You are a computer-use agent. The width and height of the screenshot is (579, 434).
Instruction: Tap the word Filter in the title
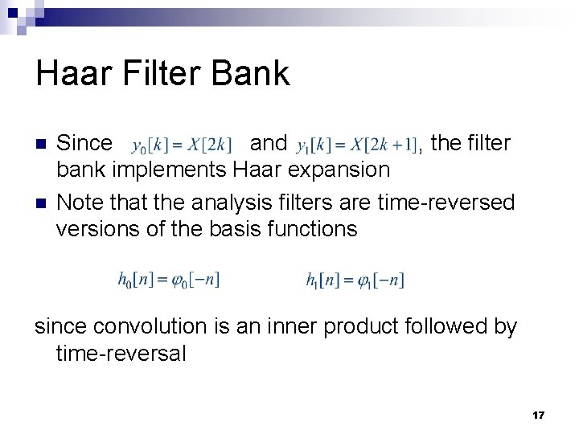pyautogui.click(x=159, y=73)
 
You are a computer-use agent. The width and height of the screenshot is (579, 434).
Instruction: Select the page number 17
pyautogui.click(x=538, y=415)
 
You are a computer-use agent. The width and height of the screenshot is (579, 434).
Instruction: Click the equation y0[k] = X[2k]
pyautogui.click(x=182, y=145)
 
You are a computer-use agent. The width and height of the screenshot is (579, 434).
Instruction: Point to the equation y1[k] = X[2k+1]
pyautogui.click(x=357, y=145)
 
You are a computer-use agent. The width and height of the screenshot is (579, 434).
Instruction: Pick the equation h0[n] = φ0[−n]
pyautogui.click(x=168, y=280)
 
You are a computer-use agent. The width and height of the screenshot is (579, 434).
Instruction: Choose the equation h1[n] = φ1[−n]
pyautogui.click(x=355, y=280)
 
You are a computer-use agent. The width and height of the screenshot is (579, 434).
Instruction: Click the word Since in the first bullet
pyautogui.click(x=84, y=143)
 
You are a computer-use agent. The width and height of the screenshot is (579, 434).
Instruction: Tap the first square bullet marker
pyautogui.click(x=41, y=145)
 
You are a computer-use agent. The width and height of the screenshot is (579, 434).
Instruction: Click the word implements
pyautogui.click(x=170, y=170)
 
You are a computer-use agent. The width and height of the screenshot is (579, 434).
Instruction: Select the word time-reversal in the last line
pyautogui.click(x=121, y=354)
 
